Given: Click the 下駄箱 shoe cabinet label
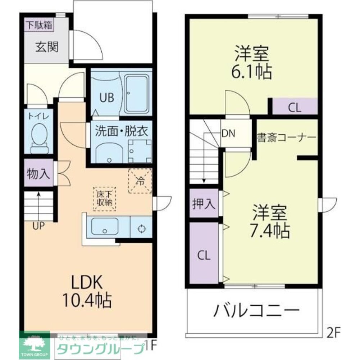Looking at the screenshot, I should click(x=39, y=26).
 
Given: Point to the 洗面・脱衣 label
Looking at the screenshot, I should click(x=121, y=131).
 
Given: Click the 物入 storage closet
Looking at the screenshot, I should click(x=38, y=174).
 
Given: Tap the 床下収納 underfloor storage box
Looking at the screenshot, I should click(x=104, y=198).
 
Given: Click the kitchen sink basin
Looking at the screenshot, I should click(x=105, y=226).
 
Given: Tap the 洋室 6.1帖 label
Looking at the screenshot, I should click(x=252, y=63).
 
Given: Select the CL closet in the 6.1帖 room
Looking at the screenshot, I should click(x=294, y=107).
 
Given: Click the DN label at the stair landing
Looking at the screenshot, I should click(x=228, y=134).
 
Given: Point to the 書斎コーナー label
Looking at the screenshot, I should click(x=286, y=138).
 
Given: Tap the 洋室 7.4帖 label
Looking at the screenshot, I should click(x=270, y=222).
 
